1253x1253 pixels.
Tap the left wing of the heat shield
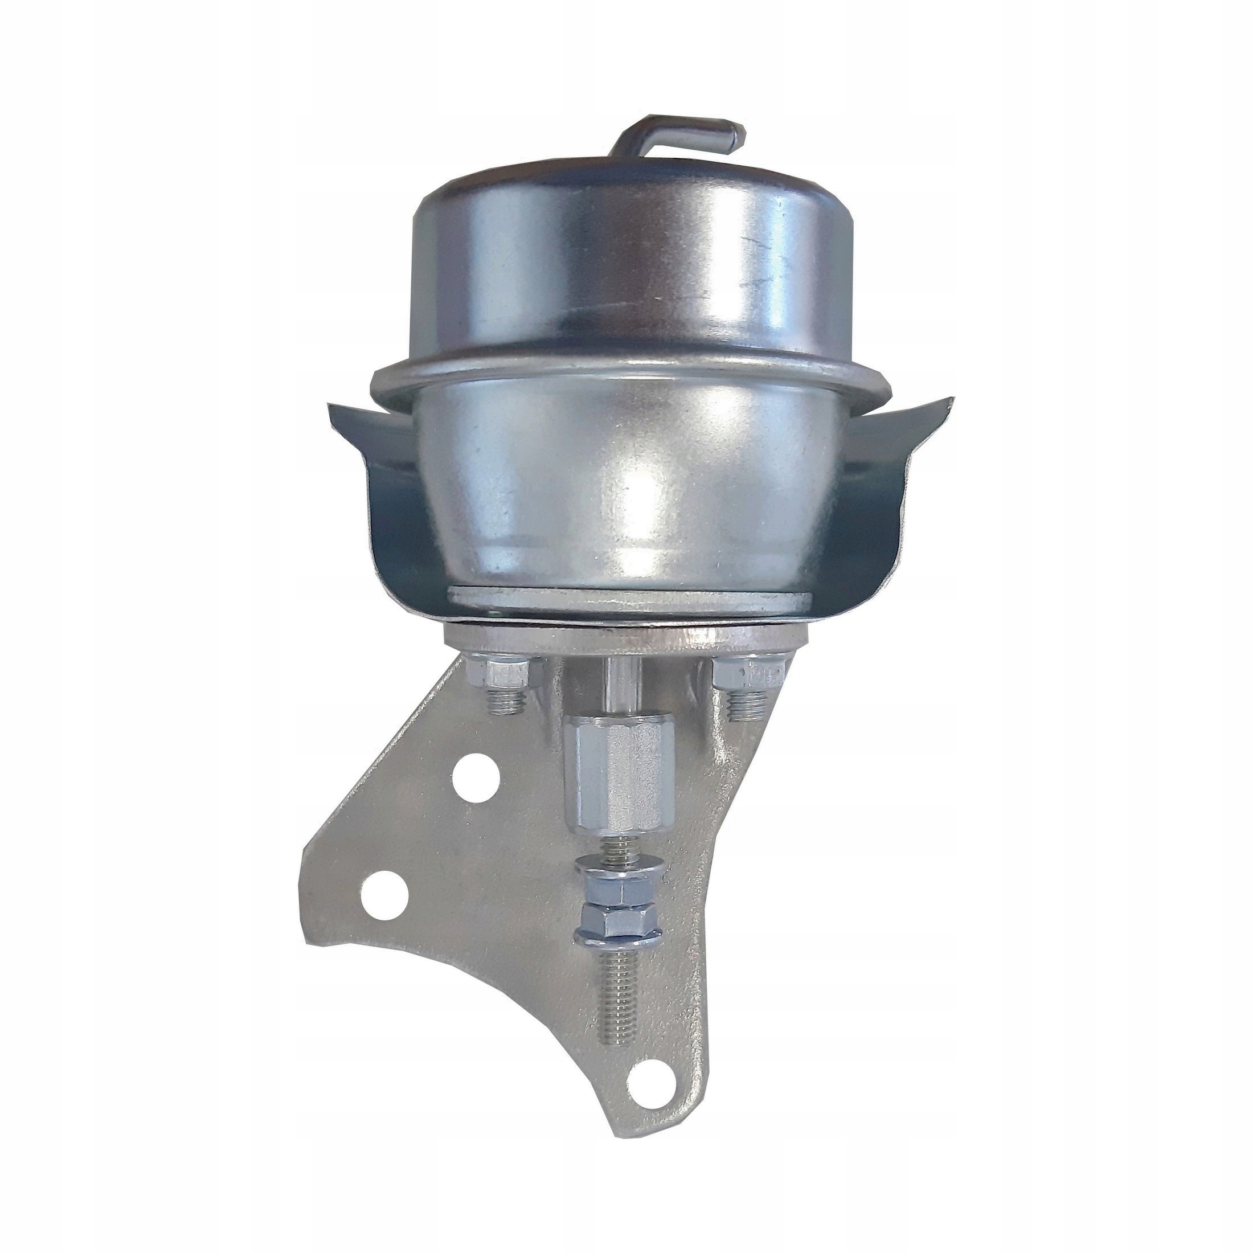tap(370, 467)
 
